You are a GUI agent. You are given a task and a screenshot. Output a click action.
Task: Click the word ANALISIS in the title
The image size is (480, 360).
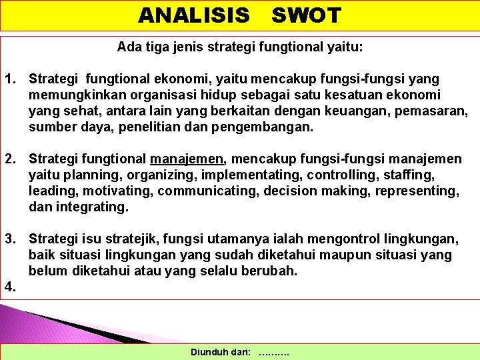click(x=194, y=15)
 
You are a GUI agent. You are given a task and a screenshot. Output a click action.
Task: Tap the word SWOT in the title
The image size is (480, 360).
click(x=306, y=15)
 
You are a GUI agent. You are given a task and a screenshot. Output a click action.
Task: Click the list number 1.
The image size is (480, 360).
click(x=11, y=79)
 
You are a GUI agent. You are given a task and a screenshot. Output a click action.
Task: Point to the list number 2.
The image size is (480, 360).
click(x=11, y=159)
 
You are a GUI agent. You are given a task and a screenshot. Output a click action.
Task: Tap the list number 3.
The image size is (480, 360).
click(x=11, y=239)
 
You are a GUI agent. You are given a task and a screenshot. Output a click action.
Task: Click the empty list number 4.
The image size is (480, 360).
click(x=11, y=287)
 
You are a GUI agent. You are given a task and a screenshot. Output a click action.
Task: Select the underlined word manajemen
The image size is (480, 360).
click(x=189, y=159)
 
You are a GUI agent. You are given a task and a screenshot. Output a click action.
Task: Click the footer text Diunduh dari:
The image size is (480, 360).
click(x=221, y=351)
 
